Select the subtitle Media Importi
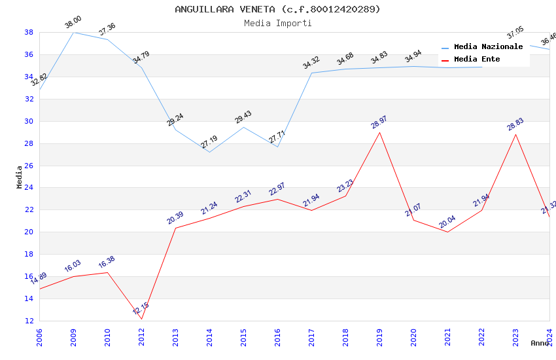[x=277, y=23]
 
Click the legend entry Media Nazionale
[x=488, y=47]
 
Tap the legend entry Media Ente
[x=477, y=60]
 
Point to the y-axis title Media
[x=20, y=177]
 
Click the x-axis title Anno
[x=540, y=343]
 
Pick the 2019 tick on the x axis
[x=379, y=336]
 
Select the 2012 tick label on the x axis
[x=141, y=336]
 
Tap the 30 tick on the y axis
[x=29, y=121]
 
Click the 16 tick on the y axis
[x=29, y=276]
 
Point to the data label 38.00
[x=73, y=24]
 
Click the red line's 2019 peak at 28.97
[x=379, y=132]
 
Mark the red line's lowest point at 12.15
[x=141, y=319]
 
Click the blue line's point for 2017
[x=311, y=73]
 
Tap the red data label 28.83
[x=515, y=124]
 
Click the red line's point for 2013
[x=175, y=228]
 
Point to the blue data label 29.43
[x=243, y=117]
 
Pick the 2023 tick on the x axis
[x=515, y=336]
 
